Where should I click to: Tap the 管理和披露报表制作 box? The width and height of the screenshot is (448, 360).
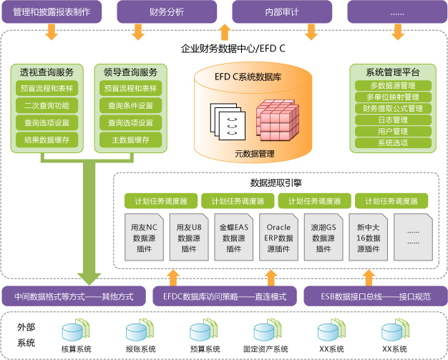click(52, 11)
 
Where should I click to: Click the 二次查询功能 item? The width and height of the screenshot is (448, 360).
click(47, 105)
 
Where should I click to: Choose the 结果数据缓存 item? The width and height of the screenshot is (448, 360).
click(47, 140)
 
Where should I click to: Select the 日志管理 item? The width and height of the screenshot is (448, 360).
click(392, 120)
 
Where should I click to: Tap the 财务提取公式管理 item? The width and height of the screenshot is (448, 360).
click(392, 108)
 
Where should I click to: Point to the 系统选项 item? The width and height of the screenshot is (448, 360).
click(392, 142)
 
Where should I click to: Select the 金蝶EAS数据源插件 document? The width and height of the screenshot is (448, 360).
click(234, 235)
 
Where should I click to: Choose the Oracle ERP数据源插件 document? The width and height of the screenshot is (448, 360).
click(278, 235)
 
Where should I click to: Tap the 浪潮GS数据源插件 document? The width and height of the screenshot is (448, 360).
click(323, 235)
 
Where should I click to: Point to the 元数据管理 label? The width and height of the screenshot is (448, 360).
click(255, 153)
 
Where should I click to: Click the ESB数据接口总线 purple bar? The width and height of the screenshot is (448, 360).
click(370, 296)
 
